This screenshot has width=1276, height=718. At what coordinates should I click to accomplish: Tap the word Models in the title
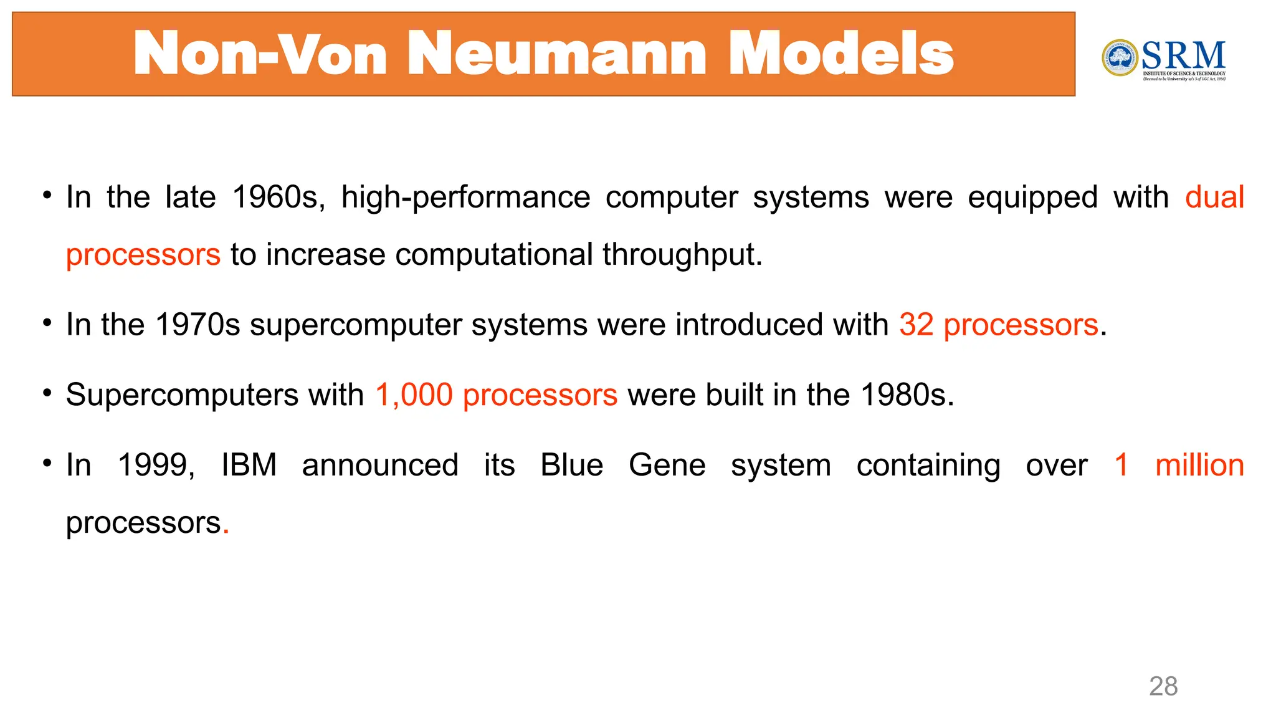(840, 54)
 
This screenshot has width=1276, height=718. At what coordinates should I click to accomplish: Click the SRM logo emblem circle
(1120, 58)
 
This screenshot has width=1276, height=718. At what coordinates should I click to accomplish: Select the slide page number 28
(1163, 686)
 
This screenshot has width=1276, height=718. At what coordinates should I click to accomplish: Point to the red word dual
(1214, 198)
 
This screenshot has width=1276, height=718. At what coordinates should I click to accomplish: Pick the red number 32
(916, 325)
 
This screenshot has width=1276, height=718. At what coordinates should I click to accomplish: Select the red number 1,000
(414, 395)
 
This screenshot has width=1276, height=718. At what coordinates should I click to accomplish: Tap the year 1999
(156, 466)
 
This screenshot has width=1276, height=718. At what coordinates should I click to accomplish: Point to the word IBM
(249, 466)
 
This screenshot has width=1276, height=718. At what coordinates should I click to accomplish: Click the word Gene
(667, 466)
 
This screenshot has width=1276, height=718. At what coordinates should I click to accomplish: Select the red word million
(1199, 466)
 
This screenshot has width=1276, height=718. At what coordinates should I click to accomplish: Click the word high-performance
(465, 199)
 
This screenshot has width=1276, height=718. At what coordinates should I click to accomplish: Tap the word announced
(380, 466)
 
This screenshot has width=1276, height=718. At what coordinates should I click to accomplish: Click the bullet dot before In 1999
(47, 463)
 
